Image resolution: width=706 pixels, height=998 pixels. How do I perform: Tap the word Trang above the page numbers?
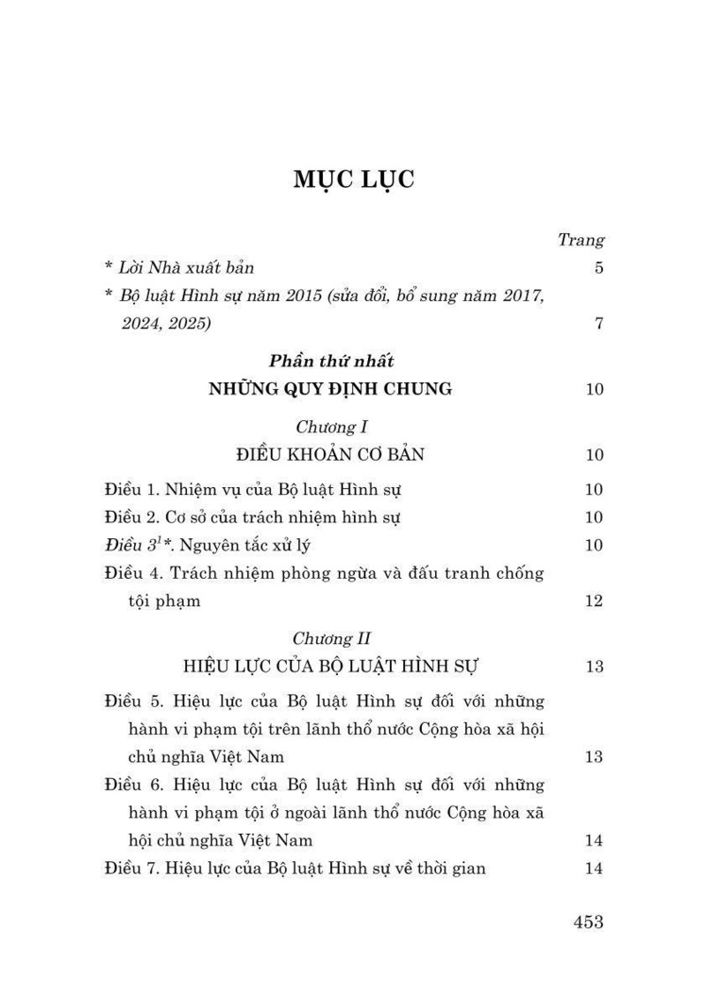coord(581,239)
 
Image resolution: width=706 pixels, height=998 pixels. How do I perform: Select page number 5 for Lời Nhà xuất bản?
coord(598,267)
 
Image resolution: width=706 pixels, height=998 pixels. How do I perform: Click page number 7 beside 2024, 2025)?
coord(598,323)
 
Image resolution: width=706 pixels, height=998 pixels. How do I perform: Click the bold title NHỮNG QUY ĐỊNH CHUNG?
coord(330,388)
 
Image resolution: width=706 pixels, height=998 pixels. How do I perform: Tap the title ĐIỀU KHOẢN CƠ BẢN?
coord(331,455)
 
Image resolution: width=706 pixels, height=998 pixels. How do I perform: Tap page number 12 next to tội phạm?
coord(593,601)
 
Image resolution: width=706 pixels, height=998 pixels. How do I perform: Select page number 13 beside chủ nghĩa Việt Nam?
coord(593,757)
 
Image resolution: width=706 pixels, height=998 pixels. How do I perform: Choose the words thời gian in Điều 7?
coord(450,868)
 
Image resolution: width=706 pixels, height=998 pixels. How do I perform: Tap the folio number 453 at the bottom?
coord(588,922)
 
